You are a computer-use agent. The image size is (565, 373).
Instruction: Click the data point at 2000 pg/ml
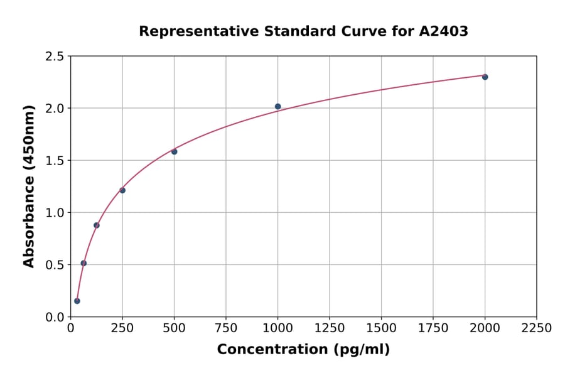pos(485,77)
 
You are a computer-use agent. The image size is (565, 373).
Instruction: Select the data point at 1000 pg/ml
pos(277,107)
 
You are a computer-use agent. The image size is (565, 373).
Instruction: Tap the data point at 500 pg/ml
pos(174,151)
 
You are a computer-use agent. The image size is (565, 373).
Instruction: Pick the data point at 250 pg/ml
pos(122,190)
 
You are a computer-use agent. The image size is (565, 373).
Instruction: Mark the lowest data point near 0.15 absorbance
pos(77,301)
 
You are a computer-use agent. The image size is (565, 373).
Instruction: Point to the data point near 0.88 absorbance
pos(97,225)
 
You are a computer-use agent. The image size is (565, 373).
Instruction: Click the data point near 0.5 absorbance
pos(83,263)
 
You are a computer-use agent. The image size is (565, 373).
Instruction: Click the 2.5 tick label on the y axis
pos(55,57)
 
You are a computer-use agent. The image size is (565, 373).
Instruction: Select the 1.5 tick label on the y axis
pos(55,161)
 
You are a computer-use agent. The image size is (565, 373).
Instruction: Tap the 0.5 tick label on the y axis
pos(55,265)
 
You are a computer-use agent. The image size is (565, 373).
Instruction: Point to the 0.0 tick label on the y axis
pos(55,317)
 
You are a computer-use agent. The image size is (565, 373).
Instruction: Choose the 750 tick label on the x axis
pos(226,328)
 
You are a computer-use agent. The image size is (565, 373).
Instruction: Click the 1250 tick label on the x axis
pos(330,328)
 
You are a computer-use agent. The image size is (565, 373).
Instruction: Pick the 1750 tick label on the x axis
pos(433,328)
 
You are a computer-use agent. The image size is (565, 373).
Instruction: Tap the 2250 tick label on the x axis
pos(537,328)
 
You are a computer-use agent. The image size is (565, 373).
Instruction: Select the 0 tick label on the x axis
pos(70,328)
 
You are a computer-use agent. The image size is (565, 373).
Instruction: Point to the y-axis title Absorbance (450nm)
pos(29,186)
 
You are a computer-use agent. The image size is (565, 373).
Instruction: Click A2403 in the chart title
pos(444,31)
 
